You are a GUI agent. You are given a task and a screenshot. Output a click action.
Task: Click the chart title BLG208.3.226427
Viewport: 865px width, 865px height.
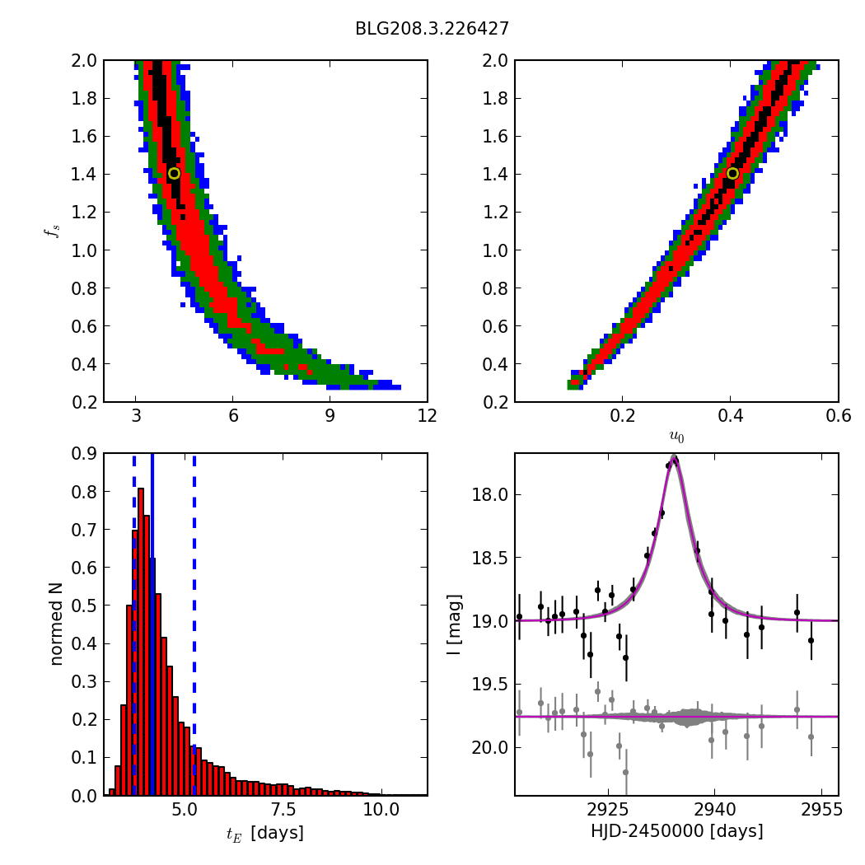pos(432,29)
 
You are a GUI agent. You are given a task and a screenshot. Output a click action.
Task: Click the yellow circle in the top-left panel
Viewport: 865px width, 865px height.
pos(174,173)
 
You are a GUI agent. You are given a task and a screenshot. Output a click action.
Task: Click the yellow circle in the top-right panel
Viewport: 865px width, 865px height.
pos(732,173)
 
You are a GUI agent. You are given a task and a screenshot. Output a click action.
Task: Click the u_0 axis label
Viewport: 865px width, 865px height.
pos(676,437)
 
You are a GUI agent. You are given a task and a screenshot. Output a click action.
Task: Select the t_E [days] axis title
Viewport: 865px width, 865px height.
pos(264,833)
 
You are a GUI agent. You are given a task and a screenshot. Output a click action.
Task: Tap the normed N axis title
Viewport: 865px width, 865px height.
pos(56,624)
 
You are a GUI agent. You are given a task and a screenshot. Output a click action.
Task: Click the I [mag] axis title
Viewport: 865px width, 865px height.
pos(453,624)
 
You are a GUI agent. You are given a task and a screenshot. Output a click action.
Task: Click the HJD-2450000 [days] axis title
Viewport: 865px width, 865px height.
pos(676,831)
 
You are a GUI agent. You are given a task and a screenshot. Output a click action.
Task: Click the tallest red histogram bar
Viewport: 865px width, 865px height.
pos(141,643)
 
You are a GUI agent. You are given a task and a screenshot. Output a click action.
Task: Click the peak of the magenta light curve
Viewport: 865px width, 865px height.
pos(674,456)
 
